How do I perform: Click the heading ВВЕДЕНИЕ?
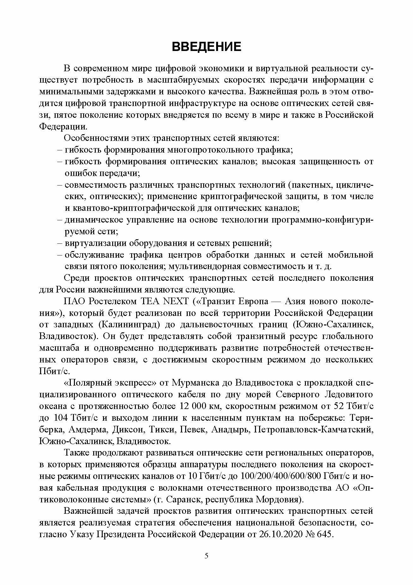point(206,47)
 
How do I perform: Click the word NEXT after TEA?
point(175,301)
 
